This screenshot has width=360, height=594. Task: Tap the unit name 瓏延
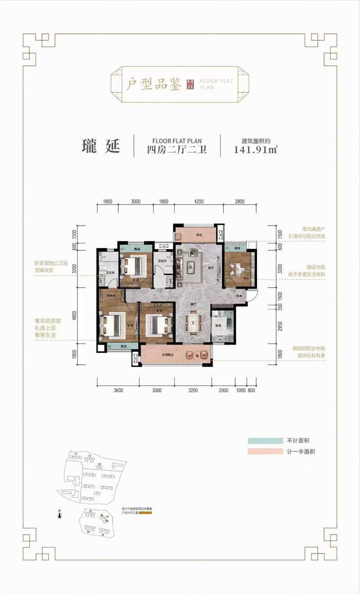(101, 146)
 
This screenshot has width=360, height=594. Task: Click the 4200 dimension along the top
(199, 201)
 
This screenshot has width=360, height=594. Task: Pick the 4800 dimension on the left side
(74, 315)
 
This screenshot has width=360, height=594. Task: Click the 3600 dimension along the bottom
(118, 390)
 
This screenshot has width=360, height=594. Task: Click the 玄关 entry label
(239, 296)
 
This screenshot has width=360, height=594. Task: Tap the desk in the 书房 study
(236, 269)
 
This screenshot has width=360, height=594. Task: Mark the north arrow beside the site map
(59, 514)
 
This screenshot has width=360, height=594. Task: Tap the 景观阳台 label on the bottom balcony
(169, 355)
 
